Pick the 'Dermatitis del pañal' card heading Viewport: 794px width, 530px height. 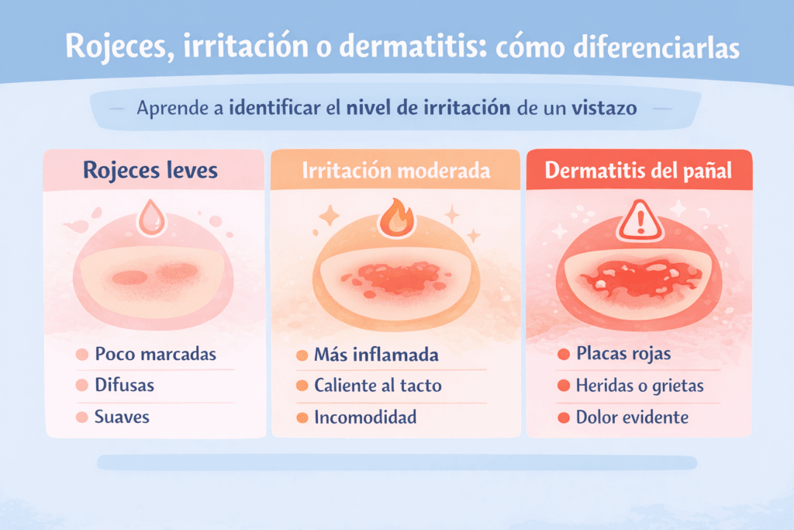(x=638, y=171)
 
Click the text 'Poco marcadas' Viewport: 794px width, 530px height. (x=155, y=355)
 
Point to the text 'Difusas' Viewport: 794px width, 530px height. (x=124, y=386)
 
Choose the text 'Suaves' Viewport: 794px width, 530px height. (x=122, y=417)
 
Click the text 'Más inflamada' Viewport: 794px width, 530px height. (x=376, y=355)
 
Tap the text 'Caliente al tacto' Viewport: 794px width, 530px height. (x=378, y=386)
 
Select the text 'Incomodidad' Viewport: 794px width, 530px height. (x=365, y=417)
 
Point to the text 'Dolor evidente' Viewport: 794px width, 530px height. (x=632, y=417)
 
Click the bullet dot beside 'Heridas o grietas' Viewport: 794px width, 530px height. (x=564, y=386)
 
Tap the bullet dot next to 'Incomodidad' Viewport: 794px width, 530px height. (x=302, y=418)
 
